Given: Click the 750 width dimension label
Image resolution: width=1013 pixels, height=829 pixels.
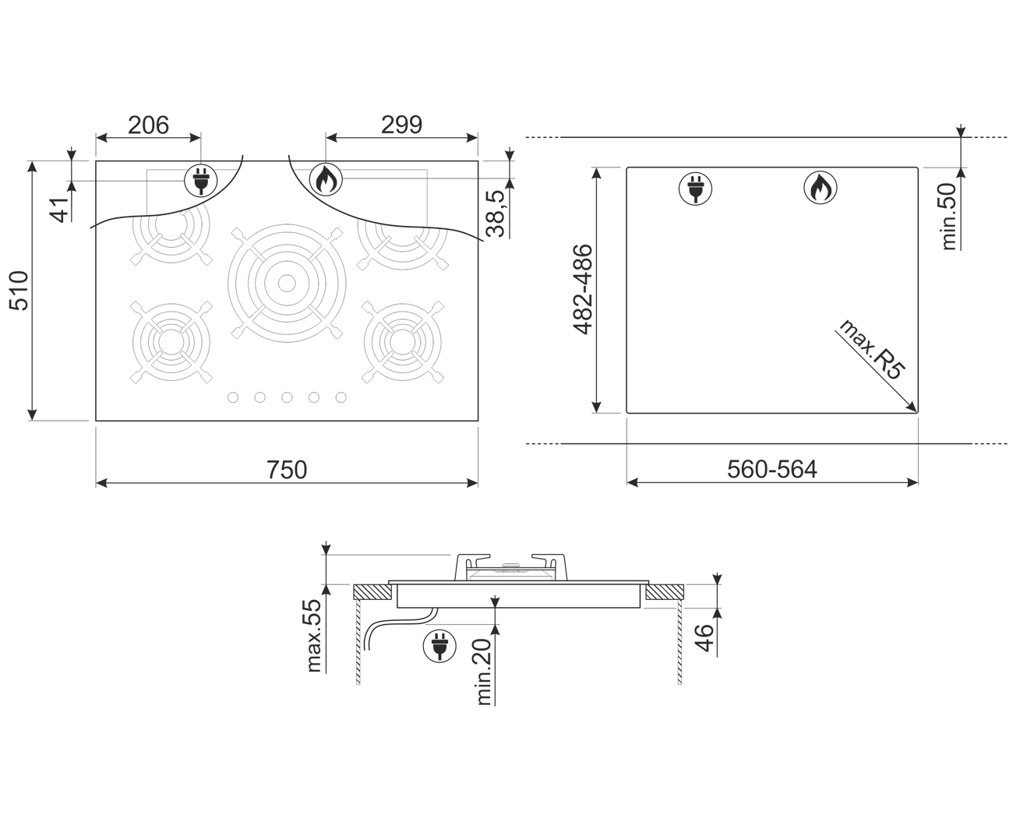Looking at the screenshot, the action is [286, 470].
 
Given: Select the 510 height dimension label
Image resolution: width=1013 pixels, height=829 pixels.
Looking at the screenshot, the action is [19, 291].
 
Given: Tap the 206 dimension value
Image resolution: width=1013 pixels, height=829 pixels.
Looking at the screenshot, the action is [148, 125].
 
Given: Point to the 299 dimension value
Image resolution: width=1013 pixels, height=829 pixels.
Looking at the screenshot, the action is [401, 125].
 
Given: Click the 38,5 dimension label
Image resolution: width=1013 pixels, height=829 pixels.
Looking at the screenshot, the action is [496, 213].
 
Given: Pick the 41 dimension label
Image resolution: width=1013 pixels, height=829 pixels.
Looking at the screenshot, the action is [60, 210].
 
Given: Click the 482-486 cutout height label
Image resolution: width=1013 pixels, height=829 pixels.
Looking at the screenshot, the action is [583, 289].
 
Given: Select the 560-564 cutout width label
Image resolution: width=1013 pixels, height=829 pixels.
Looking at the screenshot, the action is [772, 470].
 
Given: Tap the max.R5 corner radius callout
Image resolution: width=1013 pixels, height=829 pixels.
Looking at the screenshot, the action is [872, 349].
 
